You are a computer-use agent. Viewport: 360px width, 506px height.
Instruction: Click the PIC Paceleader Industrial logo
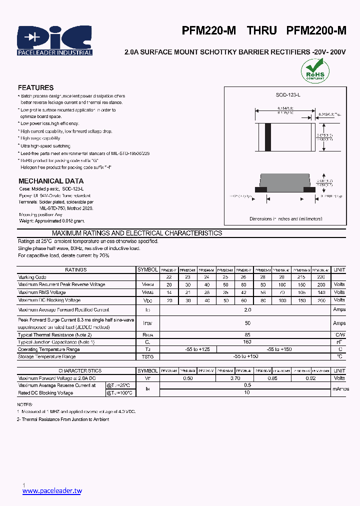click(x=54, y=40)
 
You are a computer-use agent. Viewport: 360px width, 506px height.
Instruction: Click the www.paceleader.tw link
click(x=52, y=491)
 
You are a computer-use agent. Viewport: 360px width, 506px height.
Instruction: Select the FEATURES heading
click(x=35, y=87)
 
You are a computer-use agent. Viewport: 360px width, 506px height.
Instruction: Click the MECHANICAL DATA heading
click(x=51, y=181)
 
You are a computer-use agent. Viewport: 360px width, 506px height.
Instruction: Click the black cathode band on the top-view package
click(x=268, y=135)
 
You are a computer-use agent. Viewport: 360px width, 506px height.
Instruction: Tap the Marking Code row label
click(x=32, y=277)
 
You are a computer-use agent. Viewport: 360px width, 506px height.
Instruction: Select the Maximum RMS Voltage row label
click(x=42, y=292)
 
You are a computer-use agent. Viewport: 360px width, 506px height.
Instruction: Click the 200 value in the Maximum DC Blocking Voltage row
click(x=321, y=300)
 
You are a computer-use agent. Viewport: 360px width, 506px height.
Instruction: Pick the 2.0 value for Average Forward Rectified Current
click(x=247, y=310)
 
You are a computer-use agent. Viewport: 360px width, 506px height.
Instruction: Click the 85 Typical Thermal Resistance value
click(x=247, y=334)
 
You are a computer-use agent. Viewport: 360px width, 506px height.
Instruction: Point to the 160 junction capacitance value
click(x=247, y=342)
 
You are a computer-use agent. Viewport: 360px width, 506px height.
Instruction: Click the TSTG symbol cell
click(x=147, y=357)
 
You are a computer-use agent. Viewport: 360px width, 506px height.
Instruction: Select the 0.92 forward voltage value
click(x=310, y=378)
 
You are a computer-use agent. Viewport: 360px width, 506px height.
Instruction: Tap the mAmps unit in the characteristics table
click(x=340, y=389)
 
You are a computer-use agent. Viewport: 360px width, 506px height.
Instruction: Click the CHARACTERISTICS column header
click(x=80, y=371)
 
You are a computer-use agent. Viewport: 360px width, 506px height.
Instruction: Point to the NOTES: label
click(x=25, y=404)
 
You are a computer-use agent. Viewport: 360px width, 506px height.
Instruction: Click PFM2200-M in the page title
click(x=316, y=30)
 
